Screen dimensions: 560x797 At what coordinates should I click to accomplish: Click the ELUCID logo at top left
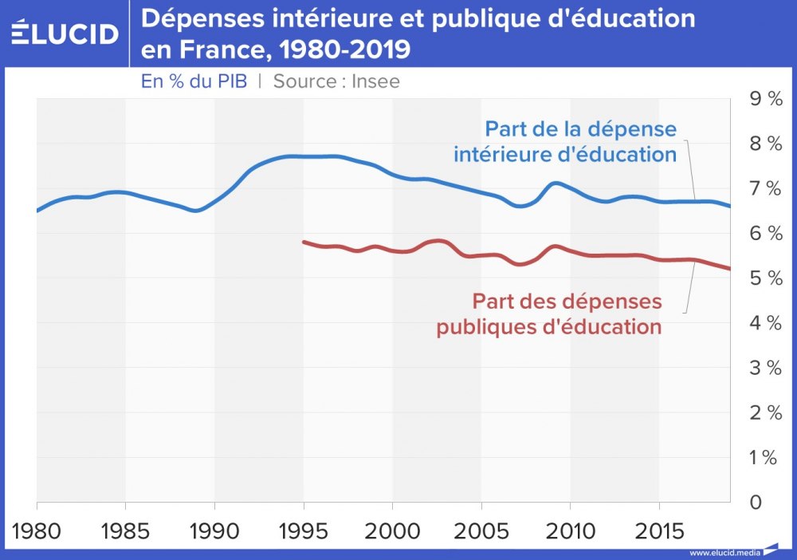coord(65,34)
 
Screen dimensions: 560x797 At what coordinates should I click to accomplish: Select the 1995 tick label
coord(304,531)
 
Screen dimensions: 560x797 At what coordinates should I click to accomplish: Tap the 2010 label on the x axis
coord(571,531)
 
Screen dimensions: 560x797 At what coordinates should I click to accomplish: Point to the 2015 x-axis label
coord(659,531)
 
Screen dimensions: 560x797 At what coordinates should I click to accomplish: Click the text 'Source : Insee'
coord(336,81)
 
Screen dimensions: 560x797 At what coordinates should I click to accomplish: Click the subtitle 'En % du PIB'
coord(194,81)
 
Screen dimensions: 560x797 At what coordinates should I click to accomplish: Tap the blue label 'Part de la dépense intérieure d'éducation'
coord(566,141)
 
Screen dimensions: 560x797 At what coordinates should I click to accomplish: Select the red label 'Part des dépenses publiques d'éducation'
coord(550,314)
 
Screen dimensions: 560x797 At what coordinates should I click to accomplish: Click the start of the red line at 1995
coord(304,241)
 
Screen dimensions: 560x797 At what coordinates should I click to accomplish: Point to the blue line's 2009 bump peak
coord(556,183)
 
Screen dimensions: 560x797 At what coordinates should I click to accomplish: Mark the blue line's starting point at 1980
coord(37,211)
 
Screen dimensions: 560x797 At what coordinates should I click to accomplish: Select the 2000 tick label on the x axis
coord(392,531)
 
